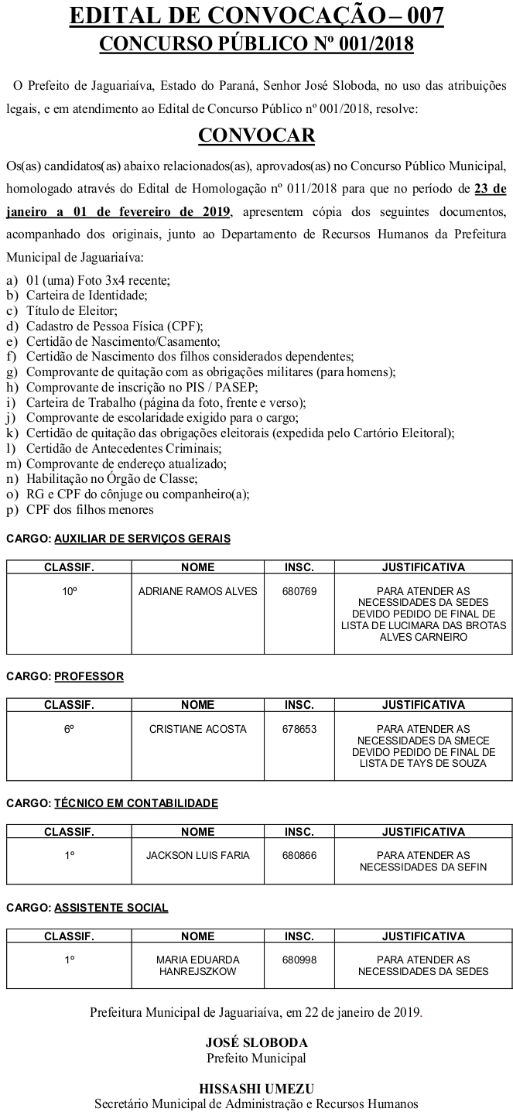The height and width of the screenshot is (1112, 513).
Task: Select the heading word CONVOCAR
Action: pos(257,135)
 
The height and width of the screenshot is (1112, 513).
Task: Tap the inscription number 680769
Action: pos(299,591)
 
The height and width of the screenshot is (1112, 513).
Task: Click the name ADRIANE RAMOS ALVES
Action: pos(197,591)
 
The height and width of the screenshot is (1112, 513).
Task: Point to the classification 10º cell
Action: pos(70,591)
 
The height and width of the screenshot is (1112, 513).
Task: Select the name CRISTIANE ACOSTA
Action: pos(197,729)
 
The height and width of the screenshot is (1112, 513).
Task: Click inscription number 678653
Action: pos(299,729)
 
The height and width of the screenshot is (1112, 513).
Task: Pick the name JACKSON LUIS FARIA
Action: pos(197,855)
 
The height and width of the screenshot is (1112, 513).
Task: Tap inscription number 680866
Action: pos(299,855)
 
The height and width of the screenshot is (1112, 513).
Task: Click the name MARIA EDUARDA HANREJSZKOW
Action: pos(197,965)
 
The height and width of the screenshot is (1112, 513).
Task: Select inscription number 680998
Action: pos(299,960)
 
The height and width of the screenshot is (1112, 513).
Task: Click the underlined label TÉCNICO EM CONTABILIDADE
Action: pos(136,803)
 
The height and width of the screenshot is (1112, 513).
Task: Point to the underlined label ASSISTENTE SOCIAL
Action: pos(111,908)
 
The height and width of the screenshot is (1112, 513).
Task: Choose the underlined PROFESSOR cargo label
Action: pos(89,676)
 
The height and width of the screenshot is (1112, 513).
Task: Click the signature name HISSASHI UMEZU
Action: pos(256,1088)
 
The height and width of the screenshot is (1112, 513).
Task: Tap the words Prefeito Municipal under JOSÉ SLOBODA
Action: pos(256,1058)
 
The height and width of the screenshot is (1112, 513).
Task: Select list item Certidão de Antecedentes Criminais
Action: pos(124,449)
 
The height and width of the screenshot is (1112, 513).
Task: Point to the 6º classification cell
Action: pos(70,729)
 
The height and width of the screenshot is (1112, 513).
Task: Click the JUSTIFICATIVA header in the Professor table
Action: pos(423,705)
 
